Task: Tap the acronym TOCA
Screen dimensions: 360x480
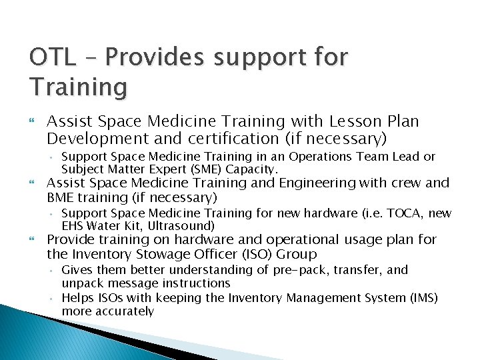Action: click(400, 213)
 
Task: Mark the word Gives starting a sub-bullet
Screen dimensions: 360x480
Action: click(78, 270)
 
